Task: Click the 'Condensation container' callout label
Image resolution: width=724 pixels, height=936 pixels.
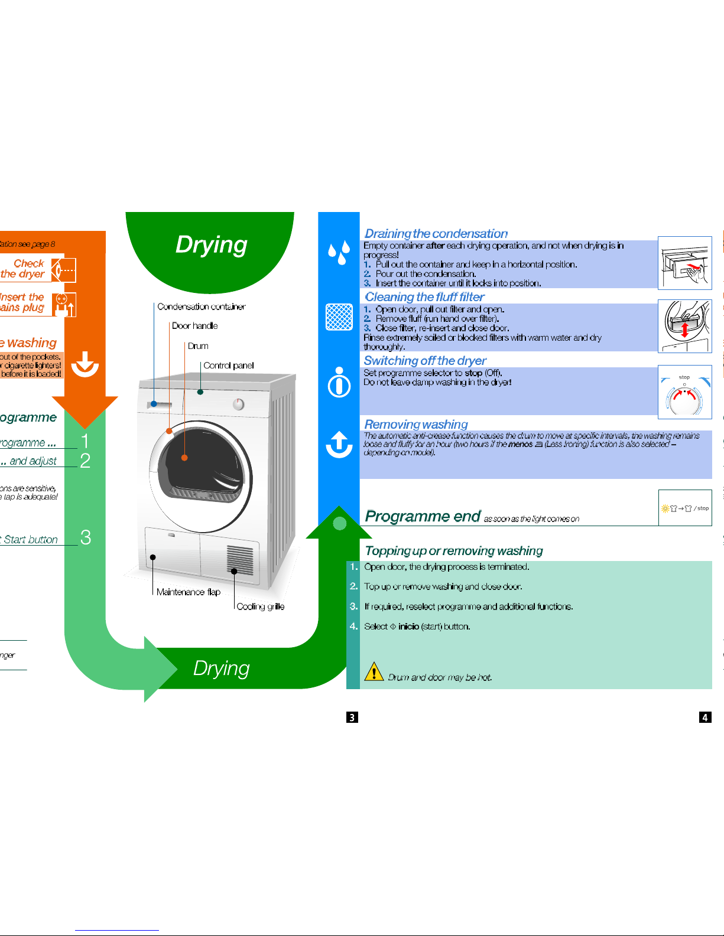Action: coord(201,306)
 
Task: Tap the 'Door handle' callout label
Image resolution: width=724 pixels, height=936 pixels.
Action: coord(194,326)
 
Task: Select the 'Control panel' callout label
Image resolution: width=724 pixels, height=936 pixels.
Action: coord(228,366)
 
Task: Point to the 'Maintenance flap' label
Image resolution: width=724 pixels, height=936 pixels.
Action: coord(188,592)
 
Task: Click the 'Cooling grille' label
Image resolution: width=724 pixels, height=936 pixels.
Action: coord(260,606)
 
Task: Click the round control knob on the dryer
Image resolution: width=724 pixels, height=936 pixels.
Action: coord(238,404)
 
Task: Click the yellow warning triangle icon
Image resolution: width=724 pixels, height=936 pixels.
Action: coord(374,671)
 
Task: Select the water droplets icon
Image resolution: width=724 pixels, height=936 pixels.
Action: coord(339,252)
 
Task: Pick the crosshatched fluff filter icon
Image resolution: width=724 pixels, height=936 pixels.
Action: coord(339,317)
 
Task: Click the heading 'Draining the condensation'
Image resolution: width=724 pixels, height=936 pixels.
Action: coord(436,233)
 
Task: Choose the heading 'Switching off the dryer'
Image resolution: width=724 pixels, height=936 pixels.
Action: coord(425,360)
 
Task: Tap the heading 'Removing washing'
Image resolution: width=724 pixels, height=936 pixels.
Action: coord(415,424)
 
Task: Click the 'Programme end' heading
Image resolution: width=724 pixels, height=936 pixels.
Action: coord(423,516)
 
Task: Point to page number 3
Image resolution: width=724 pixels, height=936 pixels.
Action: coord(352,718)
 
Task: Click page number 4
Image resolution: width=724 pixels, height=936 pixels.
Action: coord(705,718)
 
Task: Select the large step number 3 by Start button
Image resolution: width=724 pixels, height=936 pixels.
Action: coord(86,537)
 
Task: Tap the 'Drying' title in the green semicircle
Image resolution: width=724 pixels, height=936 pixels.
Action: coord(211,244)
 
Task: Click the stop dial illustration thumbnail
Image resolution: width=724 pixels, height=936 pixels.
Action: coord(684,392)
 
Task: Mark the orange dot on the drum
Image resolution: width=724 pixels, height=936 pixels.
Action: coord(184,458)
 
